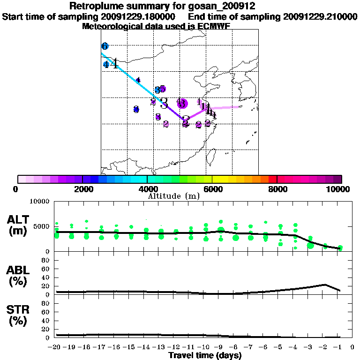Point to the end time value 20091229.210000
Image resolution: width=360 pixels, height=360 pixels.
click(x=320, y=16)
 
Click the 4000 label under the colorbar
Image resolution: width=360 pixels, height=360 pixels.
click(x=147, y=189)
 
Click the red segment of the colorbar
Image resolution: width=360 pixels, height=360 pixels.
click(x=272, y=179)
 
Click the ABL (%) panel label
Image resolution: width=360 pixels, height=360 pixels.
click(x=18, y=276)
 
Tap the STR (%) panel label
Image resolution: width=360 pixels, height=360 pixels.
click(x=18, y=315)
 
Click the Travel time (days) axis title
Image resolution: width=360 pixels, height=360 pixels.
click(x=205, y=356)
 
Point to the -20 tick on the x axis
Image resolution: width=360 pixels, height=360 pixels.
click(x=55, y=347)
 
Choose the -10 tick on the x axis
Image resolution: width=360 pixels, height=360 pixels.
click(x=205, y=347)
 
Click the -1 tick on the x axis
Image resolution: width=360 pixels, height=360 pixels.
click(x=340, y=347)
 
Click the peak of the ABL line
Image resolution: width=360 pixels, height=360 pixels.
click(x=325, y=285)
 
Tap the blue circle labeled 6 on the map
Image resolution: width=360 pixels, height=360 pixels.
click(x=105, y=46)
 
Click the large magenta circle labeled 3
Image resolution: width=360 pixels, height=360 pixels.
click(x=182, y=104)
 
